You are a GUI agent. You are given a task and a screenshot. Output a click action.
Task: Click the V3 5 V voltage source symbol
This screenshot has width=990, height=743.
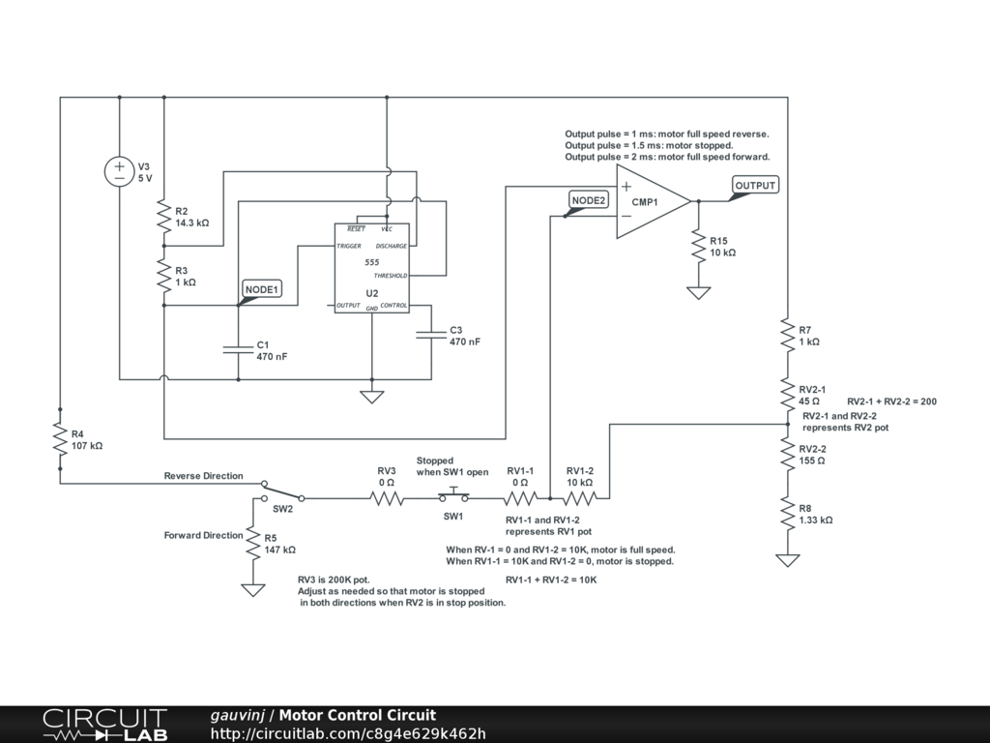coord(119,171)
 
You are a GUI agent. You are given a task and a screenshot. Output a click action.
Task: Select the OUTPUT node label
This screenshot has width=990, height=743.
coord(755,186)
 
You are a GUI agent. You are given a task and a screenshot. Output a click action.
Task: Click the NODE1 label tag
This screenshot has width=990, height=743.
coord(261,289)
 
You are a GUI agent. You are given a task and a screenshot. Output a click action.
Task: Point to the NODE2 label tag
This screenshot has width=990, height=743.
coord(588,200)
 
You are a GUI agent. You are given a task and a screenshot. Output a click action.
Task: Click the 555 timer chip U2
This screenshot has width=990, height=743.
coord(371,268)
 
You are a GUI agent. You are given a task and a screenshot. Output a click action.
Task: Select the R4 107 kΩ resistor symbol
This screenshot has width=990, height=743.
coord(60,440)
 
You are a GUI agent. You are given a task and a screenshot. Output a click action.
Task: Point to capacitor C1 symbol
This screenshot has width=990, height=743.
coord(238,349)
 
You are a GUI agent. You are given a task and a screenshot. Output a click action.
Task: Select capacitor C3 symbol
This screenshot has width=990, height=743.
coord(431,336)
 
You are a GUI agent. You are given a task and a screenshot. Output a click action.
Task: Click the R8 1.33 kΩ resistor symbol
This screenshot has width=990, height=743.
coord(788,514)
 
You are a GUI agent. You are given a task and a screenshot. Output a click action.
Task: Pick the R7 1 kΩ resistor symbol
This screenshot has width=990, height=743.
coord(788,336)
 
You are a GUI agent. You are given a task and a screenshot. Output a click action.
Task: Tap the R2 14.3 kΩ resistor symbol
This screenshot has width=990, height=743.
coord(164,217)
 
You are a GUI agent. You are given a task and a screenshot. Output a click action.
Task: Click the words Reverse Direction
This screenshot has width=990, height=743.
coord(203,476)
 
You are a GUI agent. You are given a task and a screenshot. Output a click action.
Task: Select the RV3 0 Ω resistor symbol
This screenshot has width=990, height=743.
coord(387,498)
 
